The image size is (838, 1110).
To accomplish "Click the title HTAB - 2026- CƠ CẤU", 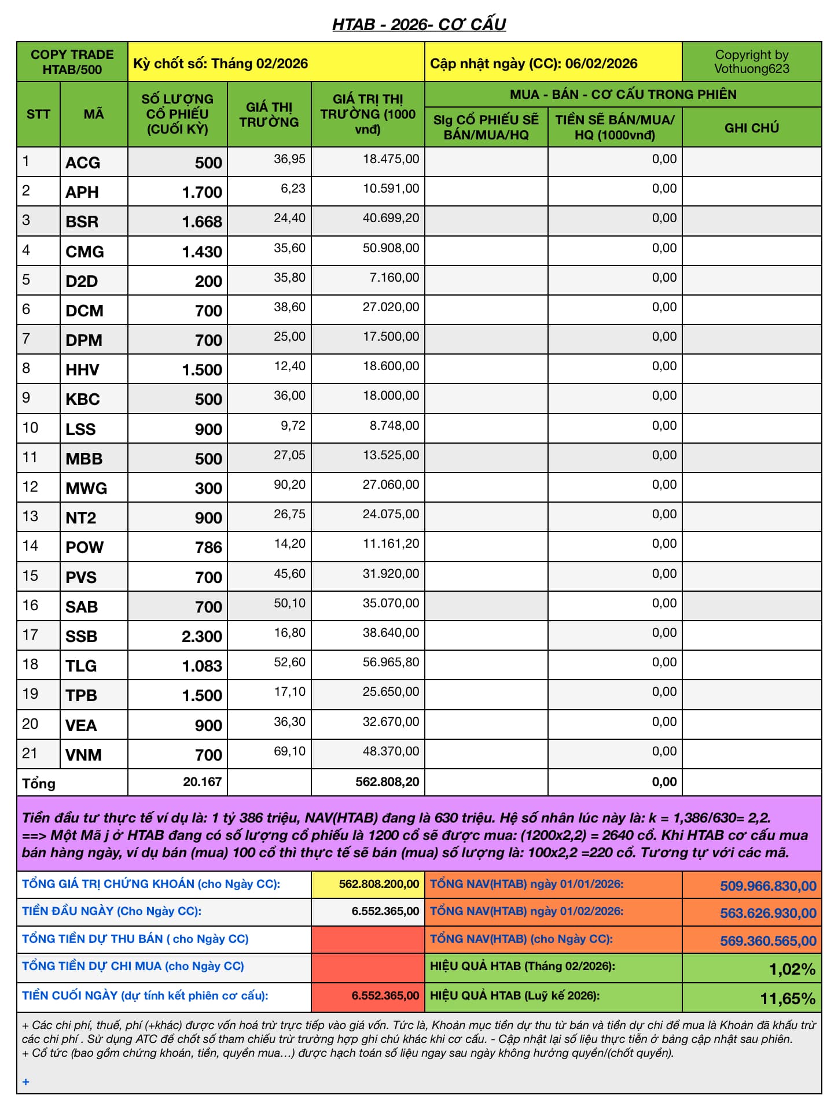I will click(419, 24).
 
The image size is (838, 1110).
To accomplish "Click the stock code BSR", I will click(82, 222).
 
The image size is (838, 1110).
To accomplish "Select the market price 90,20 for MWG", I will click(289, 485).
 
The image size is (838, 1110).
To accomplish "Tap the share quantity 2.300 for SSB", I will click(201, 636).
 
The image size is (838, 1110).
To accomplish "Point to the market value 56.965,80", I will click(391, 662).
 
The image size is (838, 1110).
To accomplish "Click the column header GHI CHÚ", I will click(751, 128).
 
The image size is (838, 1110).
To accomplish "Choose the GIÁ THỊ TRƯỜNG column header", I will click(269, 115).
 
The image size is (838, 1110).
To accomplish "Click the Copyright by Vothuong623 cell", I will click(751, 62).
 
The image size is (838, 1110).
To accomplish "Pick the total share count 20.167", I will click(202, 782).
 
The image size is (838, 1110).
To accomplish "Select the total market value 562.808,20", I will click(387, 782).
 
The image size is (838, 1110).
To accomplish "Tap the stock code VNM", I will click(83, 755).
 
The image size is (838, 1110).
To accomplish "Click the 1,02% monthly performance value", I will click(792, 969).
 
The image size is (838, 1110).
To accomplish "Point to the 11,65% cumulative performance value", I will click(788, 998).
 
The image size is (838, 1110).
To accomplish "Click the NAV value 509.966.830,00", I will click(768, 886).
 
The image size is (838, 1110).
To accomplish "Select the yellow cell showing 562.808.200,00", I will click(378, 884).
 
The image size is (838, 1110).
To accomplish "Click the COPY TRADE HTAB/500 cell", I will click(72, 62).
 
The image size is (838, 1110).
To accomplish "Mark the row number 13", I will click(30, 517).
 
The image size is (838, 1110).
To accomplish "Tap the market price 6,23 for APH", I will click(293, 189).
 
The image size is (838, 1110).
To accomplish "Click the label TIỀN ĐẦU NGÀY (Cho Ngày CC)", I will click(112, 912).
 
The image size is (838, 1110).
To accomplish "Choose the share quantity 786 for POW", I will click(208, 547).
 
